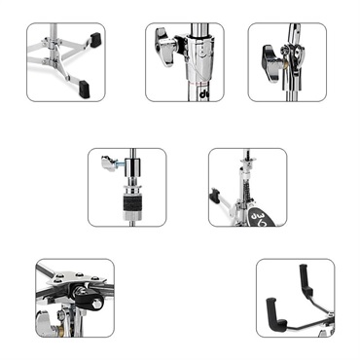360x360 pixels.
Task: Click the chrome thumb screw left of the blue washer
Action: pos(109,165)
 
